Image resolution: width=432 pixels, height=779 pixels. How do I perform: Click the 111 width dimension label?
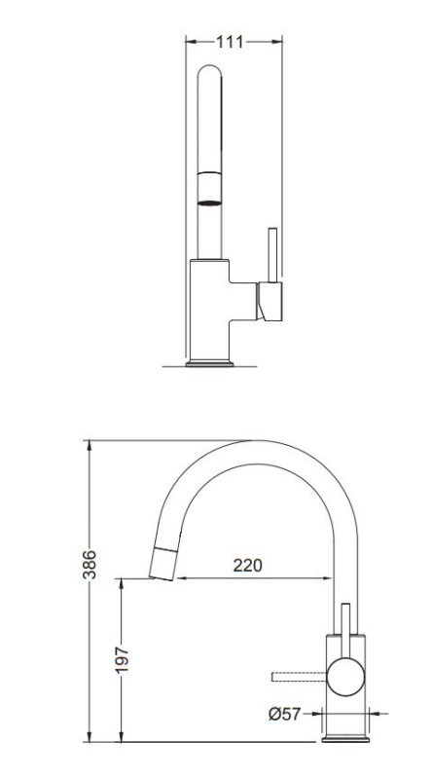(x=230, y=42)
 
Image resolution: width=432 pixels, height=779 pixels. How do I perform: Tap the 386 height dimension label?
(x=90, y=565)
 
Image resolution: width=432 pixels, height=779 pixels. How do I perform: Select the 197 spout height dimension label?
(x=122, y=660)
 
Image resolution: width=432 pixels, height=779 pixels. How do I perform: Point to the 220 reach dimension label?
(x=247, y=566)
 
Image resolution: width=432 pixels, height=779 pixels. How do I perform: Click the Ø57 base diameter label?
(x=284, y=714)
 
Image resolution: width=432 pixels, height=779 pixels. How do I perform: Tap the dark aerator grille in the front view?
(x=209, y=203)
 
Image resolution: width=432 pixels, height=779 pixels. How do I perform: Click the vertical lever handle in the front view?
(x=272, y=255)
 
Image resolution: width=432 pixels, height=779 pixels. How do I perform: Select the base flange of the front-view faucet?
(x=209, y=363)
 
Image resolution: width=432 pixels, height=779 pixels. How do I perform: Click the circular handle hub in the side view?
(x=345, y=677)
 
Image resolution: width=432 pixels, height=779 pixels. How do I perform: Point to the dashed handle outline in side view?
(x=299, y=677)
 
